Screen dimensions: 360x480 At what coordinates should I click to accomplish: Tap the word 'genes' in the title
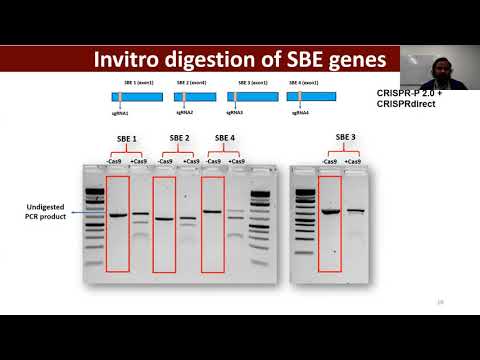click(x=350, y=60)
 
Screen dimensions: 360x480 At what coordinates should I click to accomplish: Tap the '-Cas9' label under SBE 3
click(x=329, y=161)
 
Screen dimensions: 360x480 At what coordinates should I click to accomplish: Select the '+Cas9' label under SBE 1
click(x=140, y=161)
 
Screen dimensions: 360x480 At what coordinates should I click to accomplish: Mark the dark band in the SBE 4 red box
click(x=212, y=211)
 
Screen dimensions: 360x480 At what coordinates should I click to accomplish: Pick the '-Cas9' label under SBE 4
click(x=212, y=161)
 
